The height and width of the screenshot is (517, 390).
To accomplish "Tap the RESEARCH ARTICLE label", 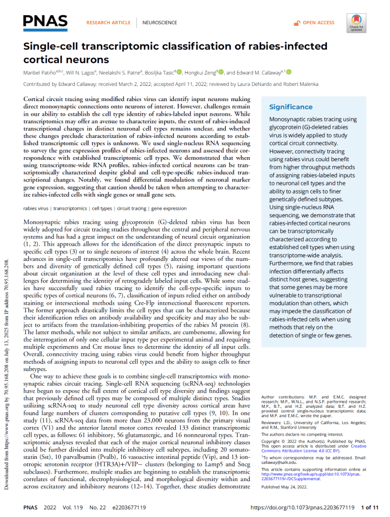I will [108, 23].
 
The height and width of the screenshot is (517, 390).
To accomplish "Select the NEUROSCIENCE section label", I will [160, 23].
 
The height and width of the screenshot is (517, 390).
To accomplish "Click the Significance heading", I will [290, 107].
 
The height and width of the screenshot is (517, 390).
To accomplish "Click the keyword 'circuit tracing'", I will [131, 208].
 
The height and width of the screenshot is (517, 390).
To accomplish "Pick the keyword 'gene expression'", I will [169, 208].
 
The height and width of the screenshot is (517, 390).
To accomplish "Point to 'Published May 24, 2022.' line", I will [284, 487].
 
